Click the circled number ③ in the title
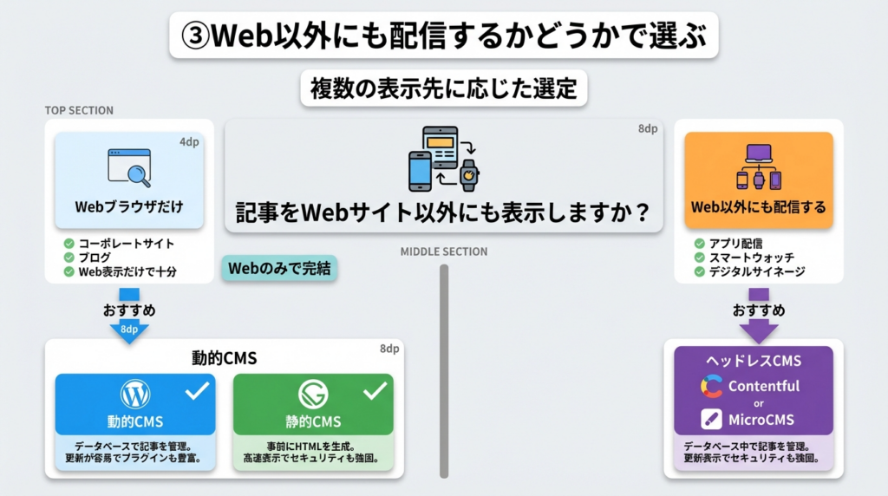tap(195, 37)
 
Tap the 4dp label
tap(188, 141)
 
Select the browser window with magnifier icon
tap(129, 166)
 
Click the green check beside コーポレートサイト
tap(69, 244)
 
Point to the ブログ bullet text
tap(95, 258)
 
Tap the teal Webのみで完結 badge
tap(279, 268)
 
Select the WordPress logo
tap(135, 395)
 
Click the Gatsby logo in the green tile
tap(313, 395)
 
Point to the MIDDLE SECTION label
tap(443, 251)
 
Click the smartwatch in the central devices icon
tap(468, 173)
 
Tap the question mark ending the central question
tap(643, 212)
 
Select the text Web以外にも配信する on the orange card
tap(758, 208)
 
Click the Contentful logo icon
tap(712, 387)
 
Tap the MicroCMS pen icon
tap(712, 420)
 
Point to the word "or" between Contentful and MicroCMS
tap(758, 403)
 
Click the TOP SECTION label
tap(79, 111)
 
